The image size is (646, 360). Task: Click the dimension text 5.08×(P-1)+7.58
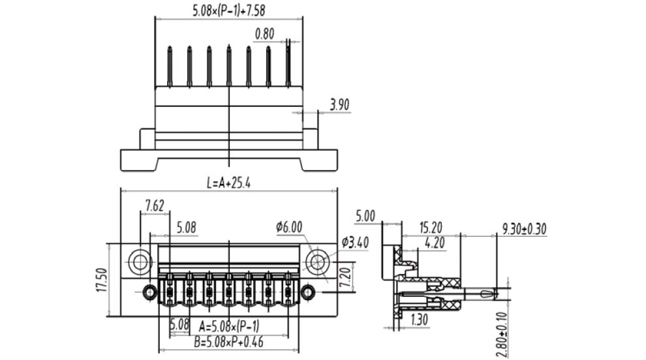pyautogui.click(x=228, y=10)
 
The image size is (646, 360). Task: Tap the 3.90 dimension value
pyautogui.click(x=340, y=104)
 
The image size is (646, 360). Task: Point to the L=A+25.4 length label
pyautogui.click(x=228, y=183)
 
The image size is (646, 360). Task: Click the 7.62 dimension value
pyautogui.click(x=154, y=206)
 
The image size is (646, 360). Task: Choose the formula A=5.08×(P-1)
pyautogui.click(x=230, y=326)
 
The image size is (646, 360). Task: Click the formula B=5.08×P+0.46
pyautogui.click(x=228, y=342)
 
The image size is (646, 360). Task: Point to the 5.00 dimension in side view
pyautogui.click(x=365, y=216)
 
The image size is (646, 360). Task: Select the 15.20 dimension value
pyautogui.click(x=430, y=228)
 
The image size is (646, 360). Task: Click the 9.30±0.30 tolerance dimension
pyautogui.click(x=524, y=228)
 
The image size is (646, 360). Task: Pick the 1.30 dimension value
pyautogui.click(x=421, y=320)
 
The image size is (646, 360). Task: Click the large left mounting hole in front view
pyautogui.click(x=139, y=262)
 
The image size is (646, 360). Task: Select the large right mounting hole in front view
pyautogui.click(x=318, y=262)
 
